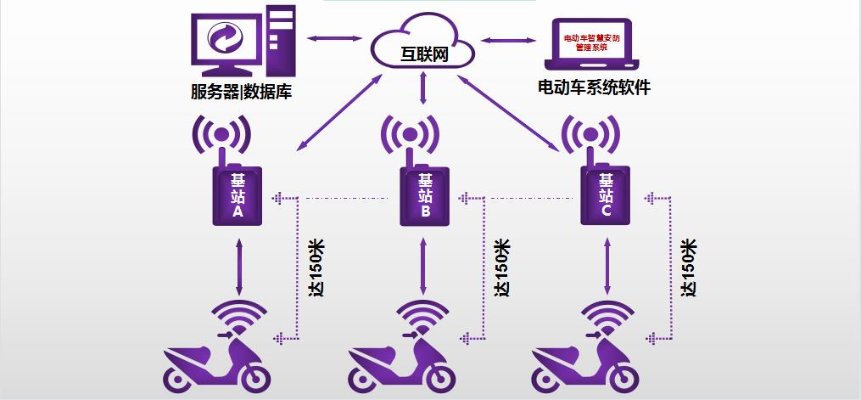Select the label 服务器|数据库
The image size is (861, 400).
(241, 92)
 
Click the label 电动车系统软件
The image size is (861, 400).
(594, 87)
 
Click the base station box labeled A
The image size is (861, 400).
(237, 195)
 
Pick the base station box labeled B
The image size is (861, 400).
(425, 195)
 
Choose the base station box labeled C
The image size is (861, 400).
(606, 195)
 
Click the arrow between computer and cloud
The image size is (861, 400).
(334, 38)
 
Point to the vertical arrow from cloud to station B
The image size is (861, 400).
(422, 87)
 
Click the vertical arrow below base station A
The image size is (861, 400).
(239, 268)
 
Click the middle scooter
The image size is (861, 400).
(400, 361)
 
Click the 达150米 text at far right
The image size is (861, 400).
(689, 268)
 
